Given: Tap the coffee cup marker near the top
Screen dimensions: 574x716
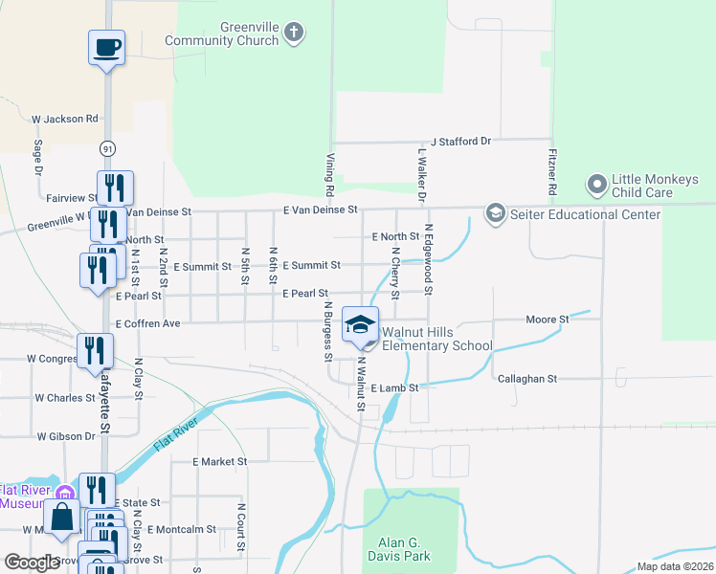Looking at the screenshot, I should pyautogui.click(x=106, y=46).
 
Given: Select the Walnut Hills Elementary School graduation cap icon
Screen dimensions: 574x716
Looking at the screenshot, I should pyautogui.click(x=360, y=325).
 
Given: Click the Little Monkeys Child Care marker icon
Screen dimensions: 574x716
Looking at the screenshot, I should pyautogui.click(x=596, y=183).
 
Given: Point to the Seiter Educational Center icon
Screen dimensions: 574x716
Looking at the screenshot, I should pyautogui.click(x=495, y=213).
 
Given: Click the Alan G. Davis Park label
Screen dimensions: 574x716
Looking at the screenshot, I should pyautogui.click(x=398, y=548).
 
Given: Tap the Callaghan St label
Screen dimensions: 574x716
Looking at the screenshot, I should pyautogui.click(x=526, y=379).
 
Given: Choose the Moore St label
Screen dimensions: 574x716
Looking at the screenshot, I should pyautogui.click(x=548, y=319).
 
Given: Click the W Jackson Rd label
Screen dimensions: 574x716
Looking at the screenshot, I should pyautogui.click(x=64, y=120).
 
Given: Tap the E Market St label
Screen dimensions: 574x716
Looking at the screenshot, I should pyautogui.click(x=219, y=461).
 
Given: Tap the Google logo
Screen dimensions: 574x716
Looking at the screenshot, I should pyautogui.click(x=32, y=563).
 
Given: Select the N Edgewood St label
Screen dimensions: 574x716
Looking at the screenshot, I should pyautogui.click(x=430, y=272).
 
